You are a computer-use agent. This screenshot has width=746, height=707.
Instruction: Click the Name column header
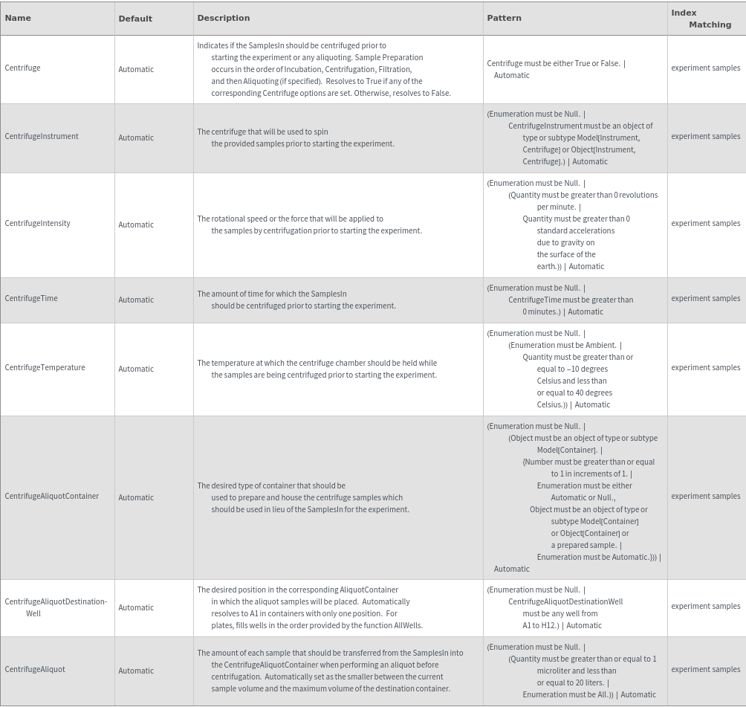coord(18,18)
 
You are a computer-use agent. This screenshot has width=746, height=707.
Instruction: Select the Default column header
coord(135,19)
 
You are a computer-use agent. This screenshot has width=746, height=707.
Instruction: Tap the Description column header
coord(223,18)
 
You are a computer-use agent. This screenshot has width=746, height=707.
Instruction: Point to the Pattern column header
coord(504,18)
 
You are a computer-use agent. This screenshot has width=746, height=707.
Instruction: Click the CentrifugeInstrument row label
coord(42,136)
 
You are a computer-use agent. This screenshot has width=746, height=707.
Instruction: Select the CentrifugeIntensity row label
coord(37,223)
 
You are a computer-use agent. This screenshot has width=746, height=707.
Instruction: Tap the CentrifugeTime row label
coord(31,298)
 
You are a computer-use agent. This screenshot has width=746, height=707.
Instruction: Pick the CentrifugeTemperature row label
coord(45,367)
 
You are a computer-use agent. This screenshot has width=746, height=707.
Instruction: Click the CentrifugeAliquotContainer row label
coord(51,496)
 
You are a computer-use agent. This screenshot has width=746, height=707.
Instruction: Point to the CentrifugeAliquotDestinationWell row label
coord(55,607)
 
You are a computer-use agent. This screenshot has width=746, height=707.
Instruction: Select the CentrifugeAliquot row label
coord(35,669)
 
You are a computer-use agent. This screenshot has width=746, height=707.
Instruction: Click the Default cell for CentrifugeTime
coord(136,300)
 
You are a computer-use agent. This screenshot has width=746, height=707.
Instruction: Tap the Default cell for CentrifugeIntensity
coord(136,225)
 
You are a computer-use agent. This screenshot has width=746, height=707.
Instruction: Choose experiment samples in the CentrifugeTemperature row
coord(705,367)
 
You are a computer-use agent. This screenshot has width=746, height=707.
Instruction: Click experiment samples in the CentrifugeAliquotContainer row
coord(705,496)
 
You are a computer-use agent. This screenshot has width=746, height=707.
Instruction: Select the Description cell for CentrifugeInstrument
coord(296,138)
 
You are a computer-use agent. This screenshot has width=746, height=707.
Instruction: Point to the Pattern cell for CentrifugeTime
coord(561,300)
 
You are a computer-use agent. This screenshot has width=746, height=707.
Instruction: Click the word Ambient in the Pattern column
coord(600,345)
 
